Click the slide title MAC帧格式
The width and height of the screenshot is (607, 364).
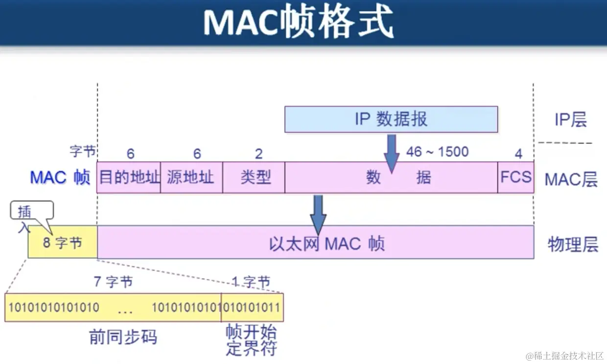299,23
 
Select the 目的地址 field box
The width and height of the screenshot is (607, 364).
129,177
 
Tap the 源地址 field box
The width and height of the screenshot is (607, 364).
191,177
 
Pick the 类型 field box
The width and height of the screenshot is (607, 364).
255,177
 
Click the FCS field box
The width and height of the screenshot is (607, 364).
515,177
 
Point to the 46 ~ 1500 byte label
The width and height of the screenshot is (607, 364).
437,152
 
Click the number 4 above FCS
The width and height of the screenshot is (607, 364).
518,154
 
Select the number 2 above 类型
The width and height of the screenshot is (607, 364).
258,154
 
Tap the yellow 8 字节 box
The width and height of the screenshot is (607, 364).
63,243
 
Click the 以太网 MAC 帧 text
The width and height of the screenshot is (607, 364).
327,243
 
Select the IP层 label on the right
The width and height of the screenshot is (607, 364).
570,120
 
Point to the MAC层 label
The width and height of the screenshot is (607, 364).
571,180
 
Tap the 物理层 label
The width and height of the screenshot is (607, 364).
573,244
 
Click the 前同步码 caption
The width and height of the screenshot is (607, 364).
123,337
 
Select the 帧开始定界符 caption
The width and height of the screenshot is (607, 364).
251,341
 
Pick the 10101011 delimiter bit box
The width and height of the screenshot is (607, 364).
253,307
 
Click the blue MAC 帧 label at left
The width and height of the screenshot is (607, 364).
60,177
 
